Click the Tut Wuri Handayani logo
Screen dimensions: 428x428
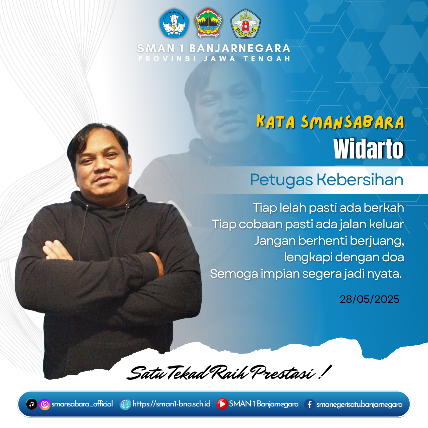click(x=174, y=23)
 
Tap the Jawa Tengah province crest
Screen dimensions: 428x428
click(x=208, y=23)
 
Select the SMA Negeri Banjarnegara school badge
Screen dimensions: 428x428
click(x=245, y=23)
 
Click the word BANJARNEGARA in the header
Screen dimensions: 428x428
click(x=240, y=49)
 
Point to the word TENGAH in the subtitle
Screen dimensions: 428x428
click(x=267, y=59)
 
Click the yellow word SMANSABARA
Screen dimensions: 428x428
click(x=353, y=122)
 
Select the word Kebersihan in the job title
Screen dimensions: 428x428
click(x=360, y=179)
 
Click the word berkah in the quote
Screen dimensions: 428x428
click(x=384, y=208)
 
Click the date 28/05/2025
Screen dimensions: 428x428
click(x=369, y=299)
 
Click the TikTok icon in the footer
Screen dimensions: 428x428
click(x=31, y=404)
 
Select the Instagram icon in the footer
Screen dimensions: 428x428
click(x=45, y=404)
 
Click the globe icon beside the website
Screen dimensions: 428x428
click(x=125, y=404)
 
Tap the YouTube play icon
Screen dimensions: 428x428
click(x=222, y=404)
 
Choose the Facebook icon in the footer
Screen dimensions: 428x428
click(x=310, y=404)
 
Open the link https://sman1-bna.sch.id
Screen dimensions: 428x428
click(x=172, y=404)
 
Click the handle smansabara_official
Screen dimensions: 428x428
click(x=82, y=404)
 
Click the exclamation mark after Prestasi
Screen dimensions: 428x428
click(x=325, y=372)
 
